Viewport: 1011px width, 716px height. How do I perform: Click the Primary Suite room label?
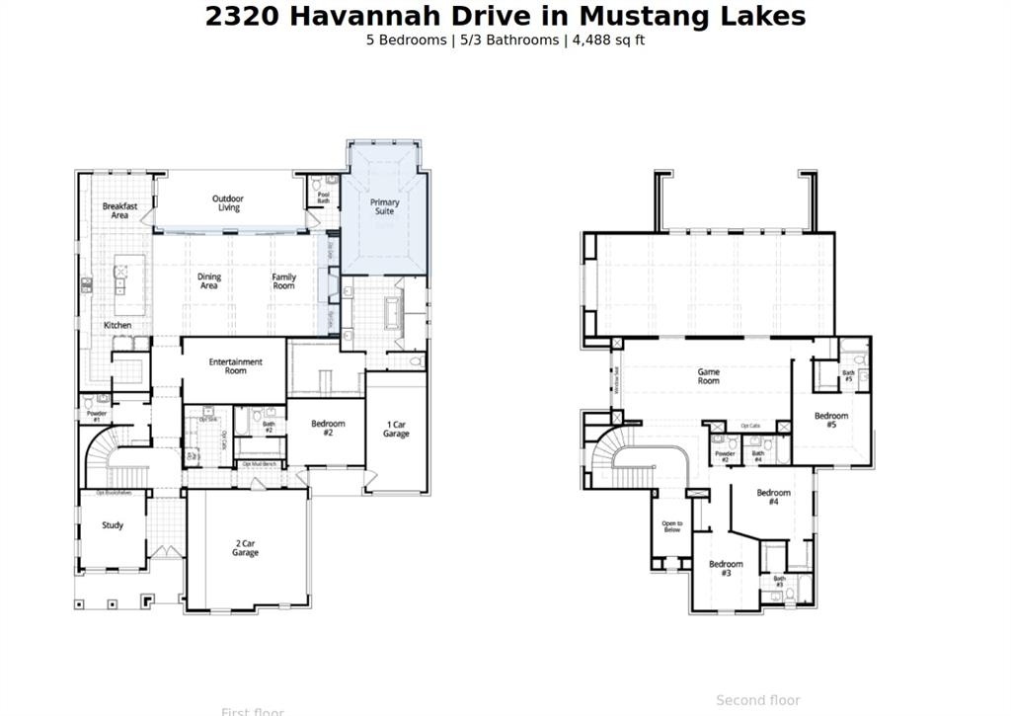pos(385,207)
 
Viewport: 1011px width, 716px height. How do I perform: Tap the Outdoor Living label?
pos(228,203)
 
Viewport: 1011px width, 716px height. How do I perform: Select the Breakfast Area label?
pos(119,210)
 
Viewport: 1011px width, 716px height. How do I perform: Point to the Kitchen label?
pos(117,325)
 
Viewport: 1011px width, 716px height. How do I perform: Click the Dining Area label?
pos(209,281)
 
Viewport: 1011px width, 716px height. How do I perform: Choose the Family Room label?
pos(284,281)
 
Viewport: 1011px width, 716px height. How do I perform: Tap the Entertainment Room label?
pos(235,366)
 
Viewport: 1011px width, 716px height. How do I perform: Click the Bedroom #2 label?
pos(329,429)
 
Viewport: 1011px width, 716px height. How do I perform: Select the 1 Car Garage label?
pos(396,430)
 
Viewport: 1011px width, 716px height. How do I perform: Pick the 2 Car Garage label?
pos(246,548)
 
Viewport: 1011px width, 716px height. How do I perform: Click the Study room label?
pos(113,525)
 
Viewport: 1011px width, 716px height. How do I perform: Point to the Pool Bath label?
pos(324,197)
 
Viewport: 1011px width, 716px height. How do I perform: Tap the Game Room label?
pos(709,376)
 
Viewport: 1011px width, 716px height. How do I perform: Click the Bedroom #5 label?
pos(831,421)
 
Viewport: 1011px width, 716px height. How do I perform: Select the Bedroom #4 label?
pos(774,497)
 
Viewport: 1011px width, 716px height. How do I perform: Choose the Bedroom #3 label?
pos(726,568)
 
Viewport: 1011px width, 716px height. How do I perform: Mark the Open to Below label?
pos(672,526)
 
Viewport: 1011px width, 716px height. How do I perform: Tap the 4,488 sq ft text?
pos(608,40)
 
